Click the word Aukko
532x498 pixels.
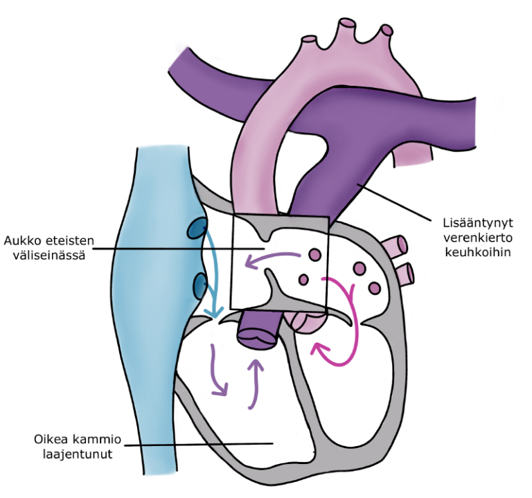(x=20, y=240)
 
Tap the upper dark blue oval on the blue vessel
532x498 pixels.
(x=198, y=226)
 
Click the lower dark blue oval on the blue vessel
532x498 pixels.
(x=198, y=283)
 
